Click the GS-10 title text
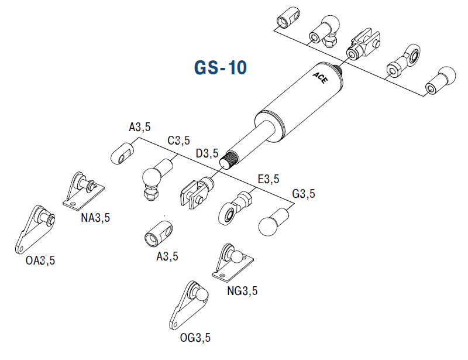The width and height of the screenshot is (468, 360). (x=220, y=67)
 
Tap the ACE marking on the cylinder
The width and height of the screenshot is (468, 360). (x=321, y=78)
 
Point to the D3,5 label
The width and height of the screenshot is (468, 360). (x=207, y=154)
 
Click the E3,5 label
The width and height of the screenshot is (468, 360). (x=268, y=179)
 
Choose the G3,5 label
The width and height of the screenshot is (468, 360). (x=304, y=193)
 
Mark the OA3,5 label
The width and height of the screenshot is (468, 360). (x=40, y=260)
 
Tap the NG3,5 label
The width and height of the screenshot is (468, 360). (x=242, y=290)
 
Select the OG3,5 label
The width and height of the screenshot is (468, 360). (x=195, y=338)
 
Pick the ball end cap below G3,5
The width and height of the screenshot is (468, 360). (x=270, y=223)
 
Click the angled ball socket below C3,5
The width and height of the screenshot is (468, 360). (x=154, y=179)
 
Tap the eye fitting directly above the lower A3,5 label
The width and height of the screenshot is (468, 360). (x=159, y=234)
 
